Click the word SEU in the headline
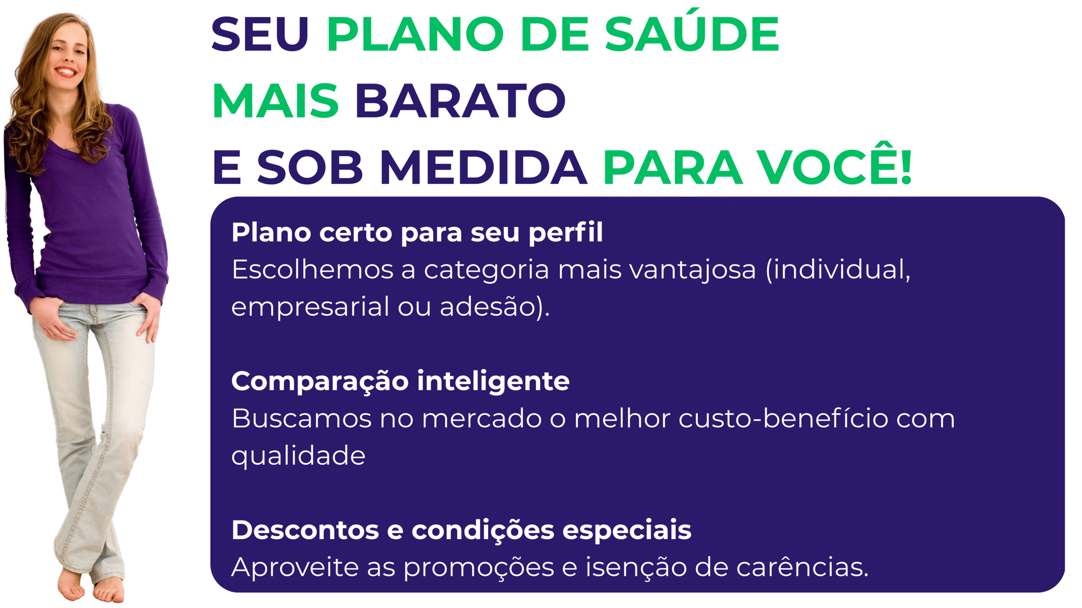[260, 34]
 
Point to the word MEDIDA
[484, 167]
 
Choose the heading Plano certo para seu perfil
[417, 233]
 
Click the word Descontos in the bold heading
[305, 530]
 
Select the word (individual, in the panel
[838, 270]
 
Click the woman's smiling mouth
[66, 71]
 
